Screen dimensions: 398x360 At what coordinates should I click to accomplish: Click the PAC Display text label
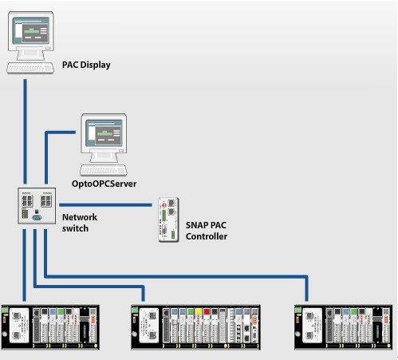tap(86, 65)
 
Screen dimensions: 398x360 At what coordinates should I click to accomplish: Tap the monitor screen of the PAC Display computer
tap(31, 30)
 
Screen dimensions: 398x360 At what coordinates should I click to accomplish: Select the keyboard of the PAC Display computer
tap(30, 68)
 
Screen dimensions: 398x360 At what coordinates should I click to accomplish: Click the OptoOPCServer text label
tap(104, 184)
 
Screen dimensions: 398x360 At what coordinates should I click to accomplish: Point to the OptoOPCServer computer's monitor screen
tap(104, 133)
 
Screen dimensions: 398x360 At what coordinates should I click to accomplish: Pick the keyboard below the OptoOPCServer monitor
tap(104, 170)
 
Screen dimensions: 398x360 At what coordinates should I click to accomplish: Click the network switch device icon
tap(37, 206)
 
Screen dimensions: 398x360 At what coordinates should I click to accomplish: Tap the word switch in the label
tap(75, 228)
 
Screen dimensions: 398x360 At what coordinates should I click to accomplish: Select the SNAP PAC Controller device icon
tap(168, 220)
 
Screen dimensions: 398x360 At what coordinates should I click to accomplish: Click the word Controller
tap(207, 236)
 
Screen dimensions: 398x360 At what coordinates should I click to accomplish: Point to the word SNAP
tap(197, 225)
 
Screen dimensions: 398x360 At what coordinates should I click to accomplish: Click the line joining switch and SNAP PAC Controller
tap(105, 205)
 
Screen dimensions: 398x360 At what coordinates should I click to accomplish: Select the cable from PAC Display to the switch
tap(26, 132)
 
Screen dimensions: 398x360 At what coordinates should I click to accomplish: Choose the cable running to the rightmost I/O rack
tap(175, 277)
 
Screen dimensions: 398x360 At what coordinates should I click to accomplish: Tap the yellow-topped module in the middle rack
tap(199, 326)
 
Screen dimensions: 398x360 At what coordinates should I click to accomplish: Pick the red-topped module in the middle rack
tap(207, 326)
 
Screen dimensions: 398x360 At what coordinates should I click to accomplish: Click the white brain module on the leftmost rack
tap(19, 326)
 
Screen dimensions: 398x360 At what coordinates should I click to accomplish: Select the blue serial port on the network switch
tap(37, 218)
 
